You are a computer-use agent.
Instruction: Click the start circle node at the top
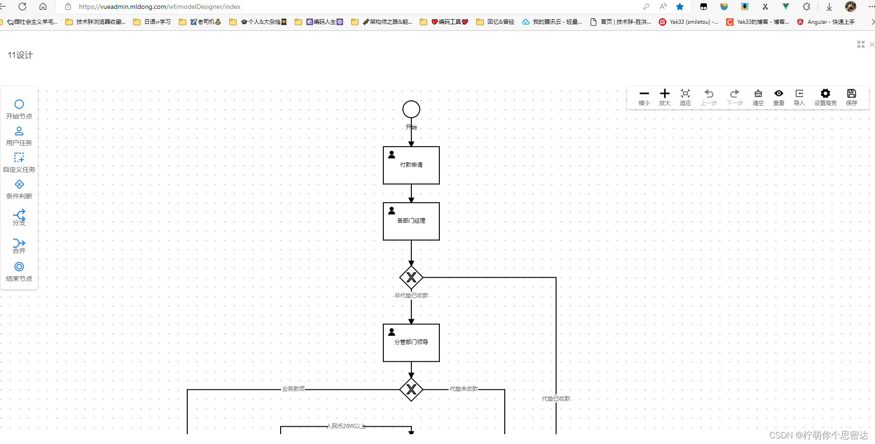[x=411, y=109]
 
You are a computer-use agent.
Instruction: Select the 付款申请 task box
[x=411, y=165]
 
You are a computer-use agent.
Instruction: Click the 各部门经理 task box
[x=411, y=221]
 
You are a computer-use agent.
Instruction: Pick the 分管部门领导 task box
[x=411, y=343]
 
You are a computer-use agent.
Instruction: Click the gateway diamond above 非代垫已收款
[x=411, y=277]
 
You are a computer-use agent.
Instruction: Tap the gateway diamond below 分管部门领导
[x=411, y=389]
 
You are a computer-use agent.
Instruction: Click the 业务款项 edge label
[x=293, y=389]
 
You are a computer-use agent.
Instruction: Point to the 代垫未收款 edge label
[x=464, y=389]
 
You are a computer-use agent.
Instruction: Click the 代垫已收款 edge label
[x=556, y=399]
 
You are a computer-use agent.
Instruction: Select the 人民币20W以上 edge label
[x=346, y=426]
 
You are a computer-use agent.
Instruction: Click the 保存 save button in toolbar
[x=851, y=97]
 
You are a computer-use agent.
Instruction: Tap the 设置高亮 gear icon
[x=825, y=94]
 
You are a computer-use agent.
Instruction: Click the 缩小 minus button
[x=644, y=97]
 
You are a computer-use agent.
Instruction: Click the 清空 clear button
[x=758, y=97]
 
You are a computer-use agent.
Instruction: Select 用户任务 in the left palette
[x=19, y=136]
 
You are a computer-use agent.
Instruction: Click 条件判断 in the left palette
[x=19, y=189]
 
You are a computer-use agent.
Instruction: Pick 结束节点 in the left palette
[x=19, y=271]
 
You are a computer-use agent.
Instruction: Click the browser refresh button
[x=22, y=7]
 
